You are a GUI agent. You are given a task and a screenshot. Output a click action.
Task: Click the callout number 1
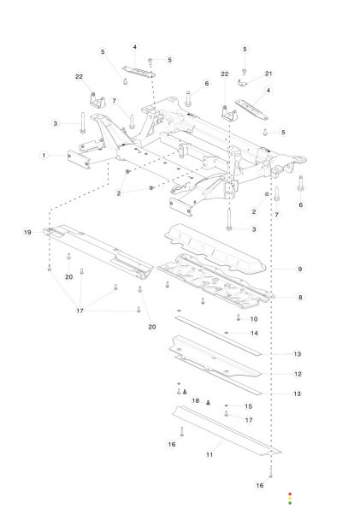(x=44, y=156)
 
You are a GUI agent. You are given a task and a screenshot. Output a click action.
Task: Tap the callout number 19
(x=27, y=233)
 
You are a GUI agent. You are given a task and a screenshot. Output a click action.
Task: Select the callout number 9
(x=299, y=269)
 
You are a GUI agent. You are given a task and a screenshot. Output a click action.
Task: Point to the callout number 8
(x=300, y=298)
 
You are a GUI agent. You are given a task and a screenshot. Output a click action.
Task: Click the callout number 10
(x=254, y=319)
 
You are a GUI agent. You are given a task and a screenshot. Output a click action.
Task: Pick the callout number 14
(x=254, y=333)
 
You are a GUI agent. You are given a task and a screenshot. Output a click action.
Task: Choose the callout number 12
(x=298, y=374)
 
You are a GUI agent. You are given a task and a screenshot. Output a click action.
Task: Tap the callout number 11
(x=210, y=454)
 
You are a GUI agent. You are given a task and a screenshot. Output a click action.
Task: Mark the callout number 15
(x=248, y=406)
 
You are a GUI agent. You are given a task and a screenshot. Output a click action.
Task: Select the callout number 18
(x=196, y=400)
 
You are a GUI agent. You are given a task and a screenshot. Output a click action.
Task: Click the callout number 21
(x=269, y=74)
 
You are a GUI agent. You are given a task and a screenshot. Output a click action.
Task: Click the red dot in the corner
(x=290, y=494)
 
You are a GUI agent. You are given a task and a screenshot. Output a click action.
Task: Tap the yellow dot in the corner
(x=290, y=498)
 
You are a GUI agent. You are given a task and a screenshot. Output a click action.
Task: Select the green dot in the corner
(x=290, y=503)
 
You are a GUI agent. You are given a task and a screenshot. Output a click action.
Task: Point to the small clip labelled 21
(x=242, y=83)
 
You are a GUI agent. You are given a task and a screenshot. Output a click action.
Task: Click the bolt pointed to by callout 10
(x=239, y=317)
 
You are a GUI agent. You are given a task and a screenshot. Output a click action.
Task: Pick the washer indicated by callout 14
(x=227, y=333)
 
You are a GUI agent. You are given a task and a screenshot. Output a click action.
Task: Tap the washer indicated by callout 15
(x=227, y=405)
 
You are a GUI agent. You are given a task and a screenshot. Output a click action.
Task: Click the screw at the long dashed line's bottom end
(x=271, y=475)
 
